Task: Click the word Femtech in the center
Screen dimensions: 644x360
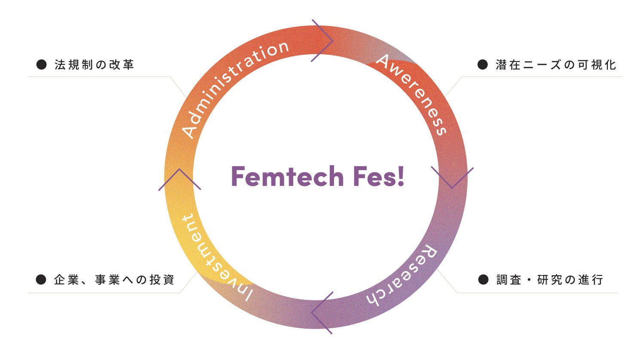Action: [x=287, y=177]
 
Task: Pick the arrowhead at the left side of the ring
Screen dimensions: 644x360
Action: [x=179, y=179]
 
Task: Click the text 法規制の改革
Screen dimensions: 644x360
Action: [x=94, y=65]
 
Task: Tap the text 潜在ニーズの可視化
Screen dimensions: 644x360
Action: [x=556, y=65]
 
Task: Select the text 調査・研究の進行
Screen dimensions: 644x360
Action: [x=550, y=280]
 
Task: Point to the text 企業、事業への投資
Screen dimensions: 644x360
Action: [x=114, y=280]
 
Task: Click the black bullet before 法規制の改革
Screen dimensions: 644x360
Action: [x=41, y=65]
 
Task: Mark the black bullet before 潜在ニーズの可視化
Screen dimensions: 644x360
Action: [x=483, y=65]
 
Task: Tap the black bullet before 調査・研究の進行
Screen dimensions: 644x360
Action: [x=483, y=280]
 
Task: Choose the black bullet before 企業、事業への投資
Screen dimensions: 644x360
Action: [x=41, y=280]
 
